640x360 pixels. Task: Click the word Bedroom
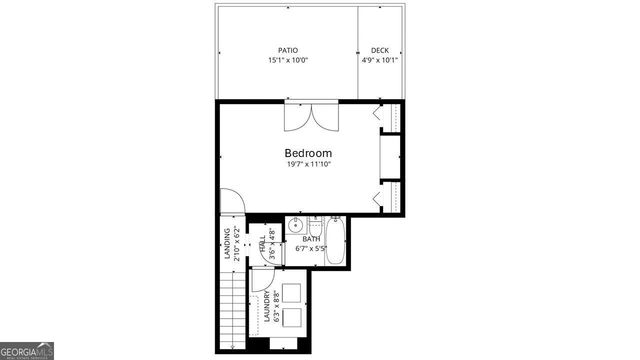point(308,153)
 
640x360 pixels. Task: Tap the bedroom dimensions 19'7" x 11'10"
point(308,165)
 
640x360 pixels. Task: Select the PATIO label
point(288,50)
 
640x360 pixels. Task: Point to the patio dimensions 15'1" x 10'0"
point(288,60)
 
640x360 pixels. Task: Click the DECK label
point(380,50)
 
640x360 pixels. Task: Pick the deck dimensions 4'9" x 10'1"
point(380,60)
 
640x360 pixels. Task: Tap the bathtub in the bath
point(335,243)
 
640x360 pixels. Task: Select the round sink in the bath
point(297,225)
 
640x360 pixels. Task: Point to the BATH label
point(311,239)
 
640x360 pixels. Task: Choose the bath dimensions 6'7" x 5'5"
point(311,248)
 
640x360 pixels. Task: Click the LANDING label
point(227,245)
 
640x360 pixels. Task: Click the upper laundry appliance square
point(294,291)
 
